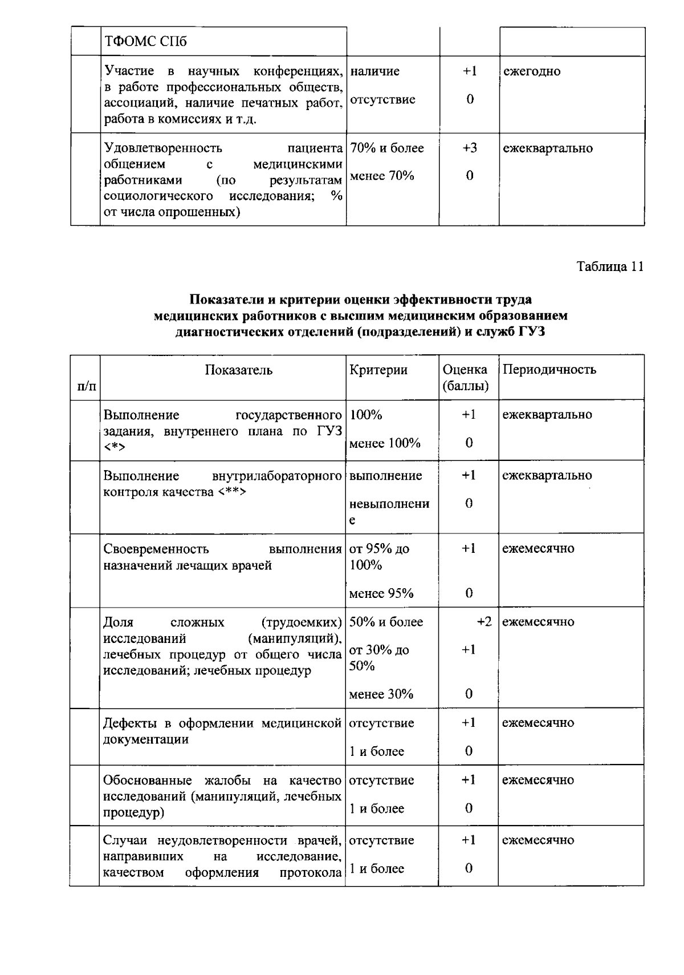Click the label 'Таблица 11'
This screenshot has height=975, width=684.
(x=610, y=266)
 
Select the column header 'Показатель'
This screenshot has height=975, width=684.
(x=239, y=370)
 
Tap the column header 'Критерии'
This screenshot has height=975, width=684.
(x=378, y=370)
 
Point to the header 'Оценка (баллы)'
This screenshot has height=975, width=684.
(x=465, y=378)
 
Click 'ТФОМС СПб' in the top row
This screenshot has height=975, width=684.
(x=145, y=42)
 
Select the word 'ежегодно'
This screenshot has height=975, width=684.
(x=531, y=71)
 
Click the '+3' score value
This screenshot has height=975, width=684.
(x=469, y=148)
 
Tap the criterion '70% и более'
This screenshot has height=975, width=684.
(x=387, y=148)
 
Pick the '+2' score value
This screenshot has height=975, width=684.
(x=484, y=622)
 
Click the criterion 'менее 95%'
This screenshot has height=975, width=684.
(x=381, y=593)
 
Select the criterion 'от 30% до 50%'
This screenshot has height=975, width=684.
(x=379, y=658)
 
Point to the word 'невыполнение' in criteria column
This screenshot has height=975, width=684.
(x=389, y=511)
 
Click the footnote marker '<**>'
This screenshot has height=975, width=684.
(x=231, y=492)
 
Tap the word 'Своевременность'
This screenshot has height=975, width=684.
(x=156, y=549)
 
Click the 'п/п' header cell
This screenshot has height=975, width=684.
(x=86, y=386)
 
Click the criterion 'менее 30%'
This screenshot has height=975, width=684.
(x=381, y=694)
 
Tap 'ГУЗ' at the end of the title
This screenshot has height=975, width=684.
(x=531, y=331)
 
